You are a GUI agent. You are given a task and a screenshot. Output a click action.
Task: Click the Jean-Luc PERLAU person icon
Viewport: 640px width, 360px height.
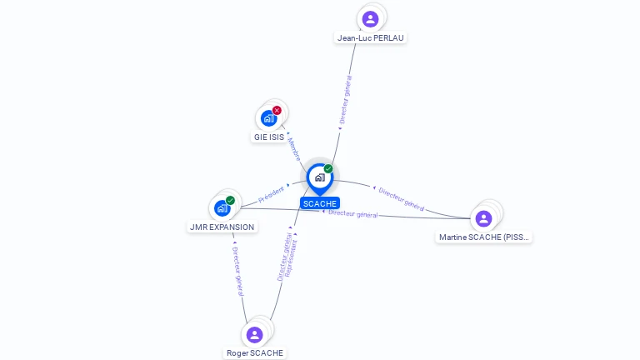coord(370,18)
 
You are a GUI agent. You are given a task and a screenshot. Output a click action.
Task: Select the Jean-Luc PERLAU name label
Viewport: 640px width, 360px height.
coord(372,37)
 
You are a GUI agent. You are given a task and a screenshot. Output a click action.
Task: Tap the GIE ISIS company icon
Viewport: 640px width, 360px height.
coord(268,117)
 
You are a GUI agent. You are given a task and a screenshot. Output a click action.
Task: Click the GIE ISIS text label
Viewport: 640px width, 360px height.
coord(269,137)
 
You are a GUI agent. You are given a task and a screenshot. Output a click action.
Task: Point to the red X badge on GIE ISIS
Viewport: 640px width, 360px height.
coord(277,110)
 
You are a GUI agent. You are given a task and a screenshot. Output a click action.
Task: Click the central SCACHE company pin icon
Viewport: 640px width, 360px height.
coord(319,177)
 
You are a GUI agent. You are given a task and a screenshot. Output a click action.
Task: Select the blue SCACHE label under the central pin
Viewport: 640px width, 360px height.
coord(320,203)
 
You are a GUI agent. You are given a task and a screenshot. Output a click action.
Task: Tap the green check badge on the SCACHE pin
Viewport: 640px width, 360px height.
coord(328,168)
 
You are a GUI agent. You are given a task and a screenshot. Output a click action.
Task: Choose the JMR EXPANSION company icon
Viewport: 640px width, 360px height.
coord(222,207)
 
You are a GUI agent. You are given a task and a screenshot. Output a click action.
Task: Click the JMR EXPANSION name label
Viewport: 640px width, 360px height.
coord(222,227)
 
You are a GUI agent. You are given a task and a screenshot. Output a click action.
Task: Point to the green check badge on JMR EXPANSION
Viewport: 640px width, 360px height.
coord(230,200)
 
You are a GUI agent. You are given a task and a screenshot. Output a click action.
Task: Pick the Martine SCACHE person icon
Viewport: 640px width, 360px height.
coord(483,218)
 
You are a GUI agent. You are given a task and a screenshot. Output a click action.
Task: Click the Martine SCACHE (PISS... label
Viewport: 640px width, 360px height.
coord(484,237)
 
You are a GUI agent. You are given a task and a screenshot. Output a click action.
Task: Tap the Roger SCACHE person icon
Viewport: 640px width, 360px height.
coord(254,334)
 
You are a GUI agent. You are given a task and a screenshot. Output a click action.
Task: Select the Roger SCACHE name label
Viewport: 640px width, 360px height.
coord(255,352)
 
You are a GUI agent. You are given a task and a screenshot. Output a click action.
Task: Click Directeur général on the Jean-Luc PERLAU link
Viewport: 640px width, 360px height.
coord(345,100)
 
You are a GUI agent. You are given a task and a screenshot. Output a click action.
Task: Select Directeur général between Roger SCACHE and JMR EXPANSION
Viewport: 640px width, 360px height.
coord(237,271)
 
